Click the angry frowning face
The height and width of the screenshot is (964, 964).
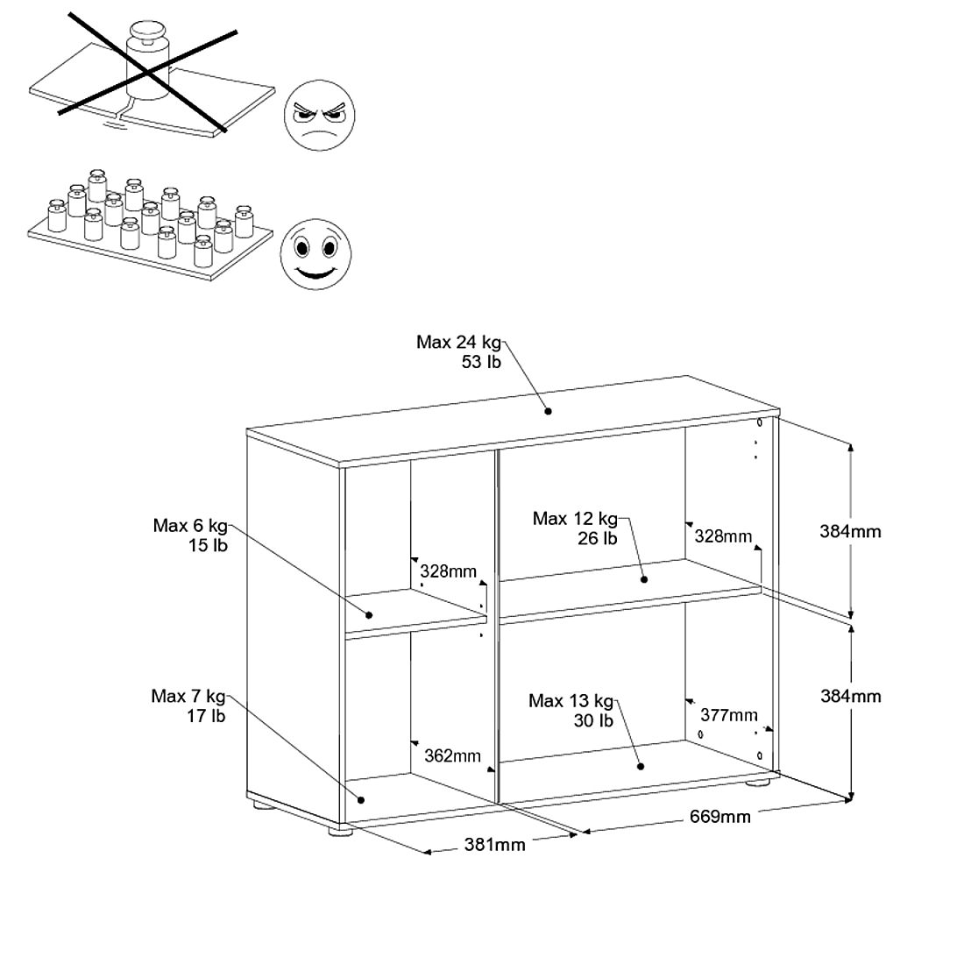319,115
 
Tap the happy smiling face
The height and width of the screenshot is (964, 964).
316,254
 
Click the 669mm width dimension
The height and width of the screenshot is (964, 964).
719,817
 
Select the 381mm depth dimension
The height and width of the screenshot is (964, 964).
494,845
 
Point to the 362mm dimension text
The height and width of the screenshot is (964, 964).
452,755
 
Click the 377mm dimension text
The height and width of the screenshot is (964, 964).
729,715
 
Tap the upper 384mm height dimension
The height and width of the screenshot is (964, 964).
850,531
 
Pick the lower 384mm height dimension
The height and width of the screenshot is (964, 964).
851,696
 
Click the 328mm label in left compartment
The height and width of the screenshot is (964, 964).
448,571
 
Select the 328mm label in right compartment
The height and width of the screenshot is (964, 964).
723,536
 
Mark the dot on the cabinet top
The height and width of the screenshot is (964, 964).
548,411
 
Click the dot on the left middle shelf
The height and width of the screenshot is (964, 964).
370,615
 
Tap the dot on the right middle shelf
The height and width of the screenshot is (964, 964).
644,579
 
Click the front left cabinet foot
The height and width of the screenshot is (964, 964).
340,831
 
